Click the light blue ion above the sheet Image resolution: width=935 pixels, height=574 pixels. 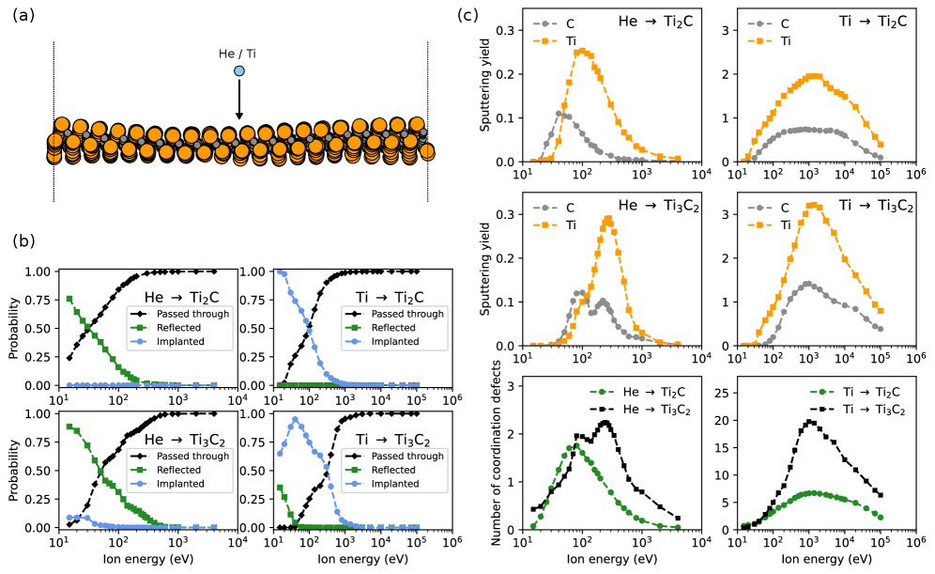coord(239,70)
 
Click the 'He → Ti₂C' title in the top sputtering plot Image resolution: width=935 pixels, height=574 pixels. coord(654,22)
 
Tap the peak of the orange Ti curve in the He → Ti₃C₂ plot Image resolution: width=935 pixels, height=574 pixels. coord(608,219)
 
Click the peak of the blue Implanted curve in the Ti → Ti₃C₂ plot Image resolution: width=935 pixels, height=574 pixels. coord(295,420)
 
